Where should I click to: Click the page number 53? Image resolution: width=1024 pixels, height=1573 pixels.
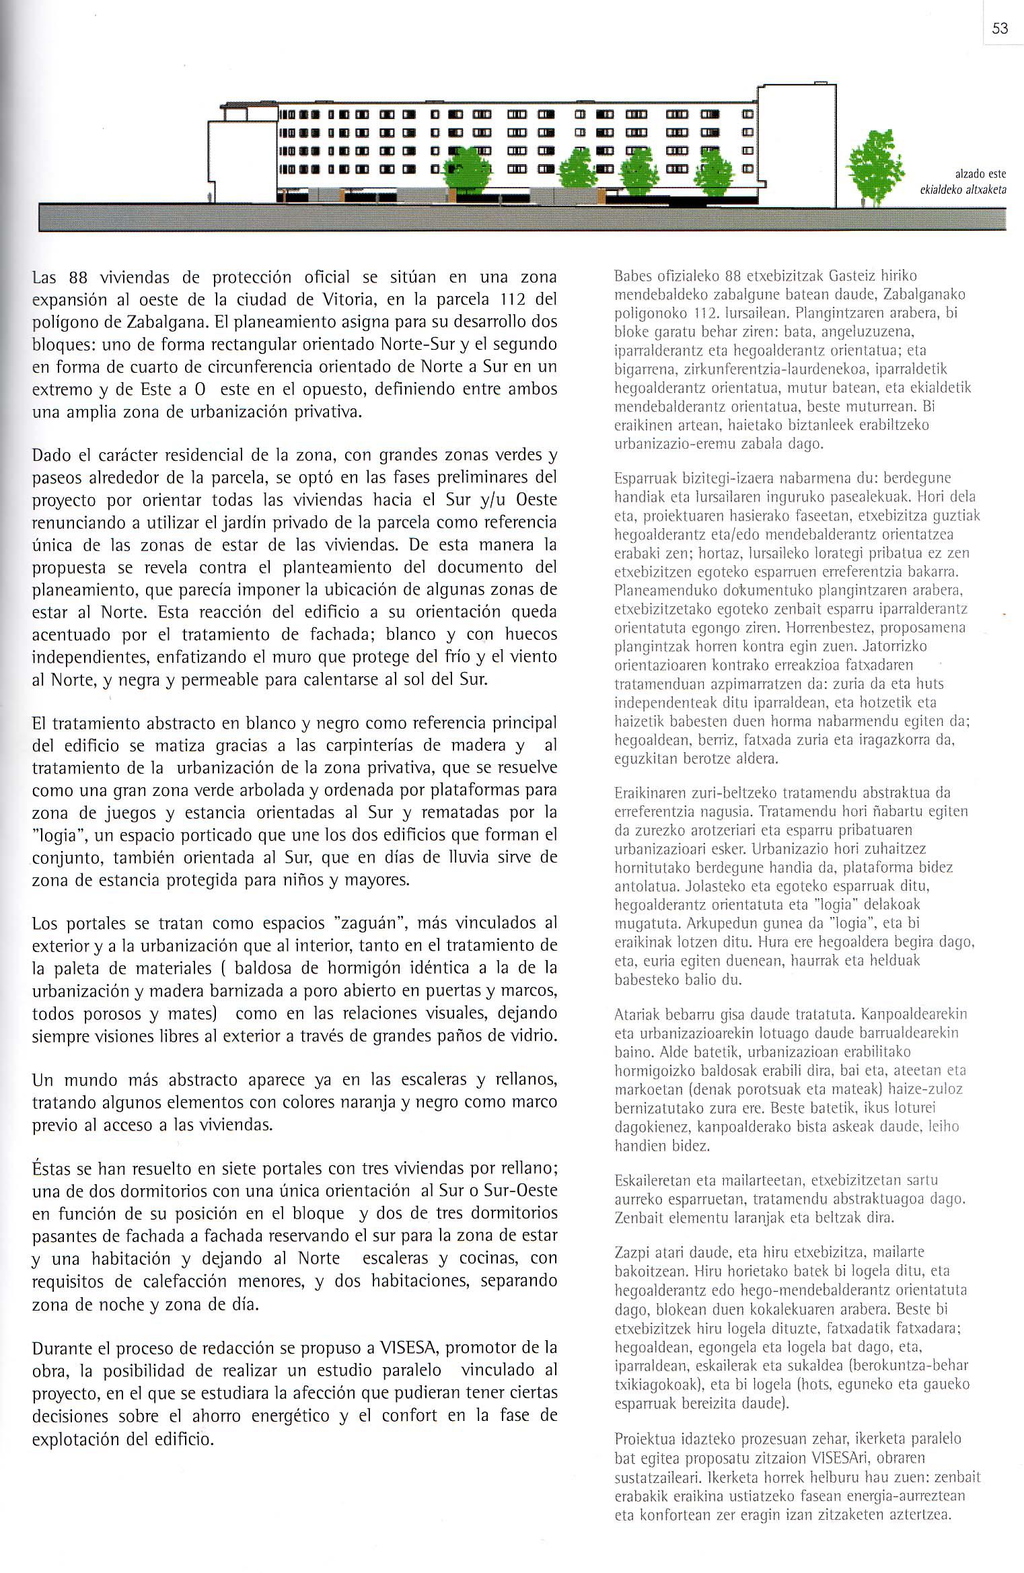coord(1000,28)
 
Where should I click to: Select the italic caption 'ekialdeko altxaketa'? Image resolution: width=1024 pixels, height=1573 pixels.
coord(963,190)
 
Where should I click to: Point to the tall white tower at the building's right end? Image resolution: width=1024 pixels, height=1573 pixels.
coord(797,145)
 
